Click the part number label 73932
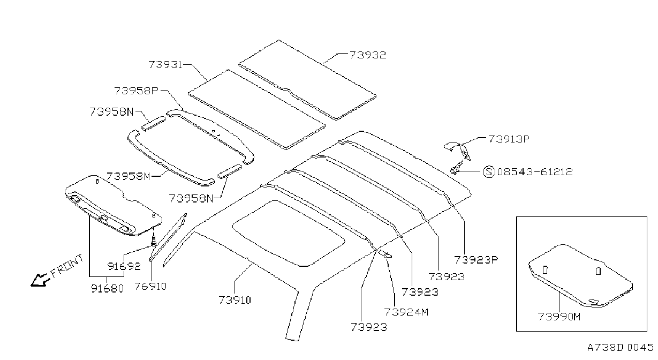tap(368, 55)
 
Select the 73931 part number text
tap(165, 64)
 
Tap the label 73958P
tap(137, 91)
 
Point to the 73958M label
tap(128, 176)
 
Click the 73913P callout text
tap(509, 139)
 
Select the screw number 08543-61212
tap(535, 171)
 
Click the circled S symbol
tap(489, 171)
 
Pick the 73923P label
tap(476, 260)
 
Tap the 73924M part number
tap(406, 312)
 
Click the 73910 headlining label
tap(235, 300)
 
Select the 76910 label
tap(150, 286)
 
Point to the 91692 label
tap(124, 266)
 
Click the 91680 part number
tap(107, 289)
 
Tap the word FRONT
tap(67, 266)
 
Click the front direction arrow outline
tap(40, 280)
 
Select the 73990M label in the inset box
tap(559, 317)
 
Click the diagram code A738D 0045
tap(621, 347)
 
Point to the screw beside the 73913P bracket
tap(457, 167)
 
